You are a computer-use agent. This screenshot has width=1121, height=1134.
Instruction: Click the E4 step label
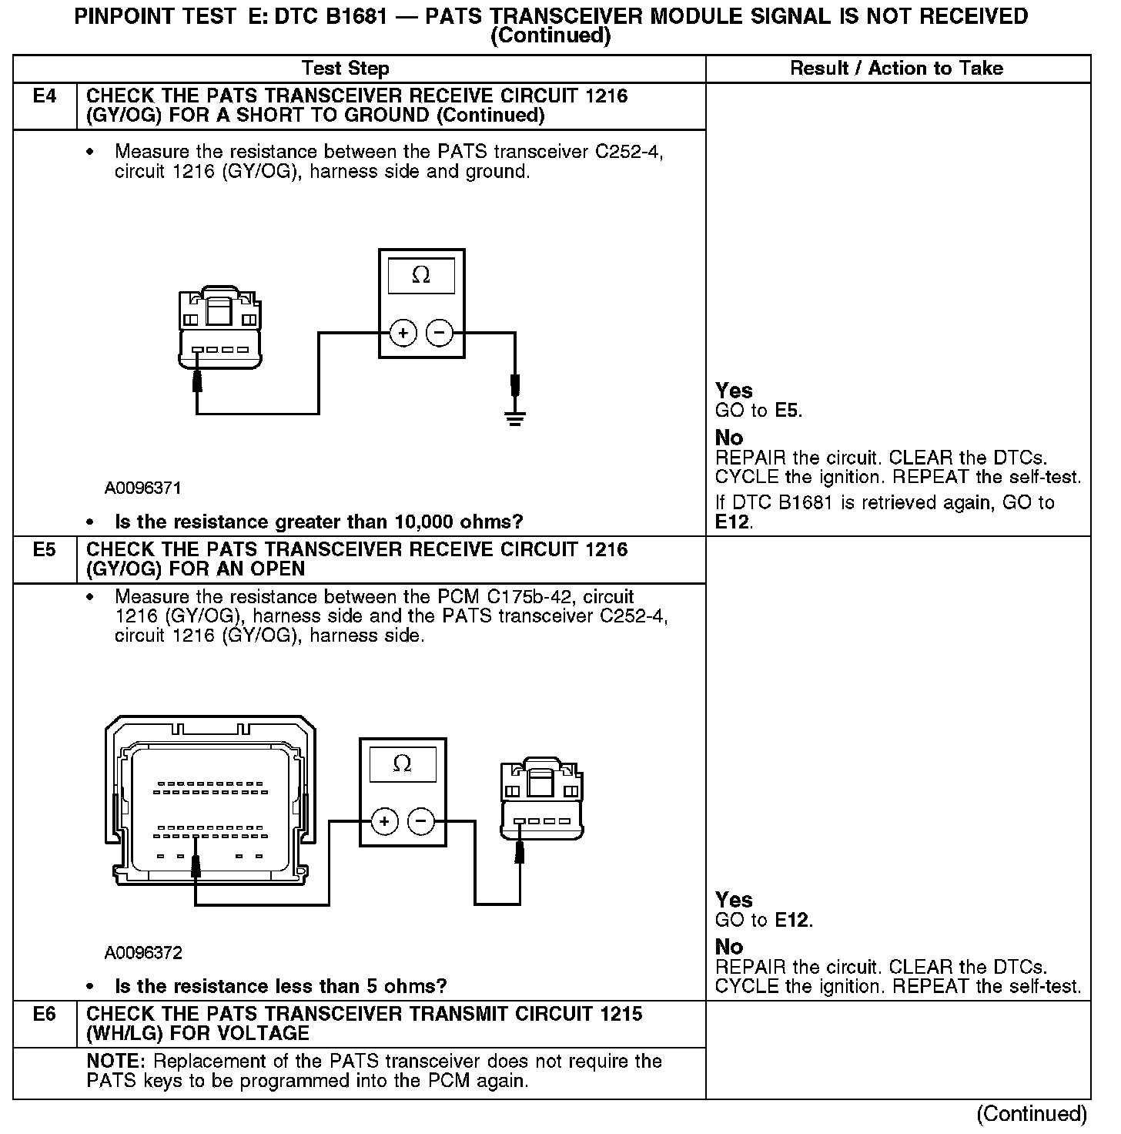45,97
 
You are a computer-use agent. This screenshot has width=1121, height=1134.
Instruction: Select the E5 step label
45,550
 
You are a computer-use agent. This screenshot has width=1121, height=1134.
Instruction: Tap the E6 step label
45,1015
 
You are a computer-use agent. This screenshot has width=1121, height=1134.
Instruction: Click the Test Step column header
346,69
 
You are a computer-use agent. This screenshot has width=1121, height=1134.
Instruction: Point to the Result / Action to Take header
897,69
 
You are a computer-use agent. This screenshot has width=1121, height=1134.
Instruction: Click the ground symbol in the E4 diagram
514,418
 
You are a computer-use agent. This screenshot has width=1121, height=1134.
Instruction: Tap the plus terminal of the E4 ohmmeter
403,334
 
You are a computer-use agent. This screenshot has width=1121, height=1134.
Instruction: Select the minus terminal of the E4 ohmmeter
440,334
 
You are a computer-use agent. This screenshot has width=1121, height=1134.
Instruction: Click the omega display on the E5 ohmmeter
403,764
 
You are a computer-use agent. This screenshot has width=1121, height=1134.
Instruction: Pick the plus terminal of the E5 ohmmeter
384,822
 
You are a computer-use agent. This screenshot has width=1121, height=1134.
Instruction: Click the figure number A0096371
143,488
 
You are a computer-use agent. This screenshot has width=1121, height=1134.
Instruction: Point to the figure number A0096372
143,954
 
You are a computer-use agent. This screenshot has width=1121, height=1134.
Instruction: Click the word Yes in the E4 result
734,391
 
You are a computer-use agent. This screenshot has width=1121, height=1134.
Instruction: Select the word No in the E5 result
729,947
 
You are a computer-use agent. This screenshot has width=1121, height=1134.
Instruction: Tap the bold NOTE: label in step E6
112,1062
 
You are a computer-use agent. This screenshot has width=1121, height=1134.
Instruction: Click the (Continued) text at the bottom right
1032,1114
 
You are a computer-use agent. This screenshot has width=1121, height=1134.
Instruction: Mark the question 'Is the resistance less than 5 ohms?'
280,987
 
